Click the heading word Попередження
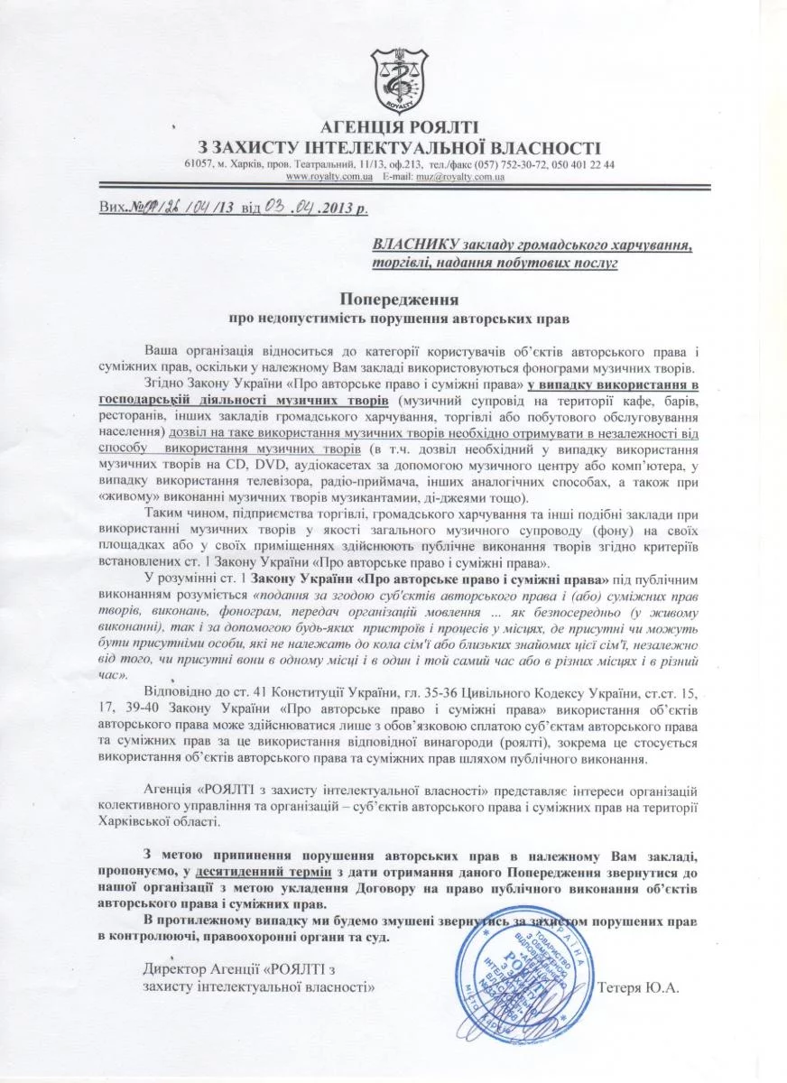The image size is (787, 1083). [x=399, y=298]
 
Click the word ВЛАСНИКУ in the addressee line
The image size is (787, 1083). [x=414, y=244]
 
